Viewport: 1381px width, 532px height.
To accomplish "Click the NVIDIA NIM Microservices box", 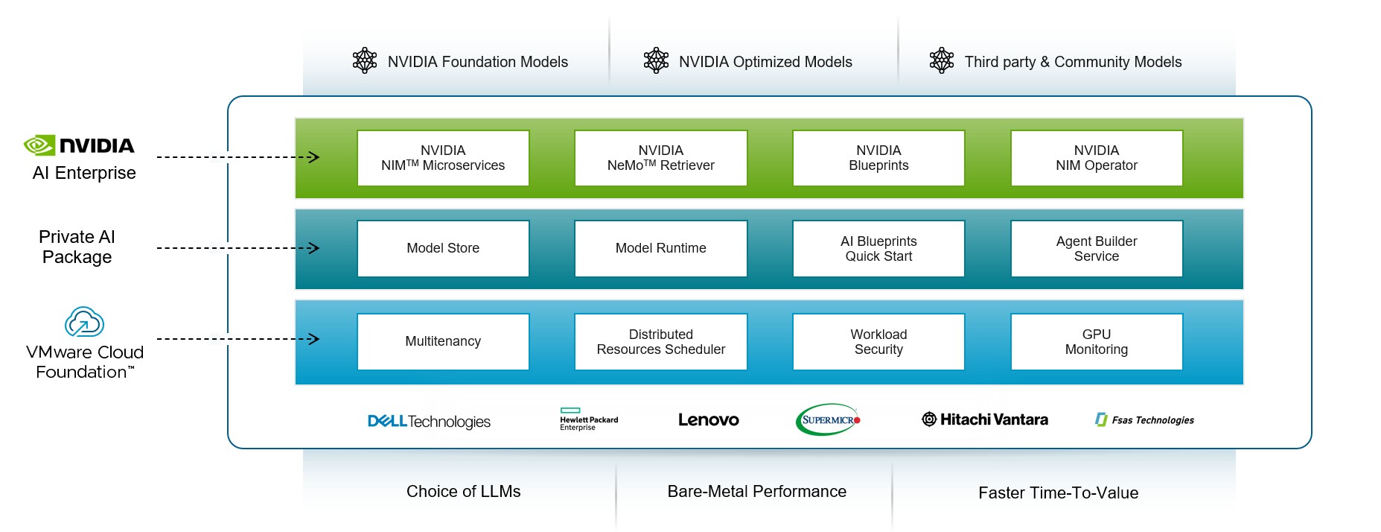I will click(443, 158).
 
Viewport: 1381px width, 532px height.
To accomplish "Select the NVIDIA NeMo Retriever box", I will click(660, 158).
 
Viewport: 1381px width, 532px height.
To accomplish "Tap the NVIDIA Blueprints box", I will click(878, 158).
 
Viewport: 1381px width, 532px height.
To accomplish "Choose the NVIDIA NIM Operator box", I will click(1096, 158).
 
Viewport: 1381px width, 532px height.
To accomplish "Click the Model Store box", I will click(443, 248).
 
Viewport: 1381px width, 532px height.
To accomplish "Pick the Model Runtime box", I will click(660, 248).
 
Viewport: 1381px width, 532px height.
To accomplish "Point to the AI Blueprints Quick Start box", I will click(878, 248).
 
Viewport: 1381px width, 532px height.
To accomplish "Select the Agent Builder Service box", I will click(1096, 248).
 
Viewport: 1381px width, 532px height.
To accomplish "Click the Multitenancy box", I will click(443, 341).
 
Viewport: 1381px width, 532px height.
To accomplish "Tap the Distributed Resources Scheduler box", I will click(660, 341).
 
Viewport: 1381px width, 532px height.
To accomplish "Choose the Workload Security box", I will click(878, 341).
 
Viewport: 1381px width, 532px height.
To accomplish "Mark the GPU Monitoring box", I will click(1096, 341).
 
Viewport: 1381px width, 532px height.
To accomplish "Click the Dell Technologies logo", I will click(429, 422).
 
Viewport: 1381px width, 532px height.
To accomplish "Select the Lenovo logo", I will click(708, 420).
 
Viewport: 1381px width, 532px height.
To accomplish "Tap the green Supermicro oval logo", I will click(828, 420).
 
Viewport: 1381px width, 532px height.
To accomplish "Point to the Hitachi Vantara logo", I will click(984, 419).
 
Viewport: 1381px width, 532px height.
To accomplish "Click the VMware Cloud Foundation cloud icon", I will click(84, 322).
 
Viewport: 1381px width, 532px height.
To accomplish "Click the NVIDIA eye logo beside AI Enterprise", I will click(39, 145).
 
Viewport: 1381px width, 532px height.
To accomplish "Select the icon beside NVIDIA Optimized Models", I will click(656, 61).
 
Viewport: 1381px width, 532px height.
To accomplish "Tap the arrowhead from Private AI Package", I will click(314, 248).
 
